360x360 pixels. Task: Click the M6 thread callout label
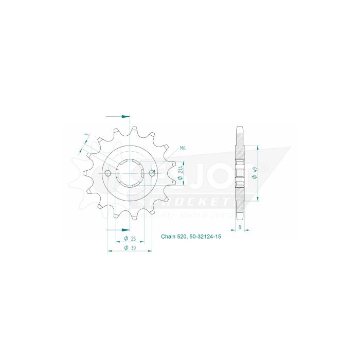[x=183, y=149]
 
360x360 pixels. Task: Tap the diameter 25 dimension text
[x=130, y=239]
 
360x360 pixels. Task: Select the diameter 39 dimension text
[x=130, y=248]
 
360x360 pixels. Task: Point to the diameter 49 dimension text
[x=256, y=175]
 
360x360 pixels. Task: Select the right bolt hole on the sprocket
[x=152, y=173]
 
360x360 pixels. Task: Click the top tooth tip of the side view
[x=240, y=129]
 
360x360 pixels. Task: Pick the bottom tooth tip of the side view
[x=240, y=217]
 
